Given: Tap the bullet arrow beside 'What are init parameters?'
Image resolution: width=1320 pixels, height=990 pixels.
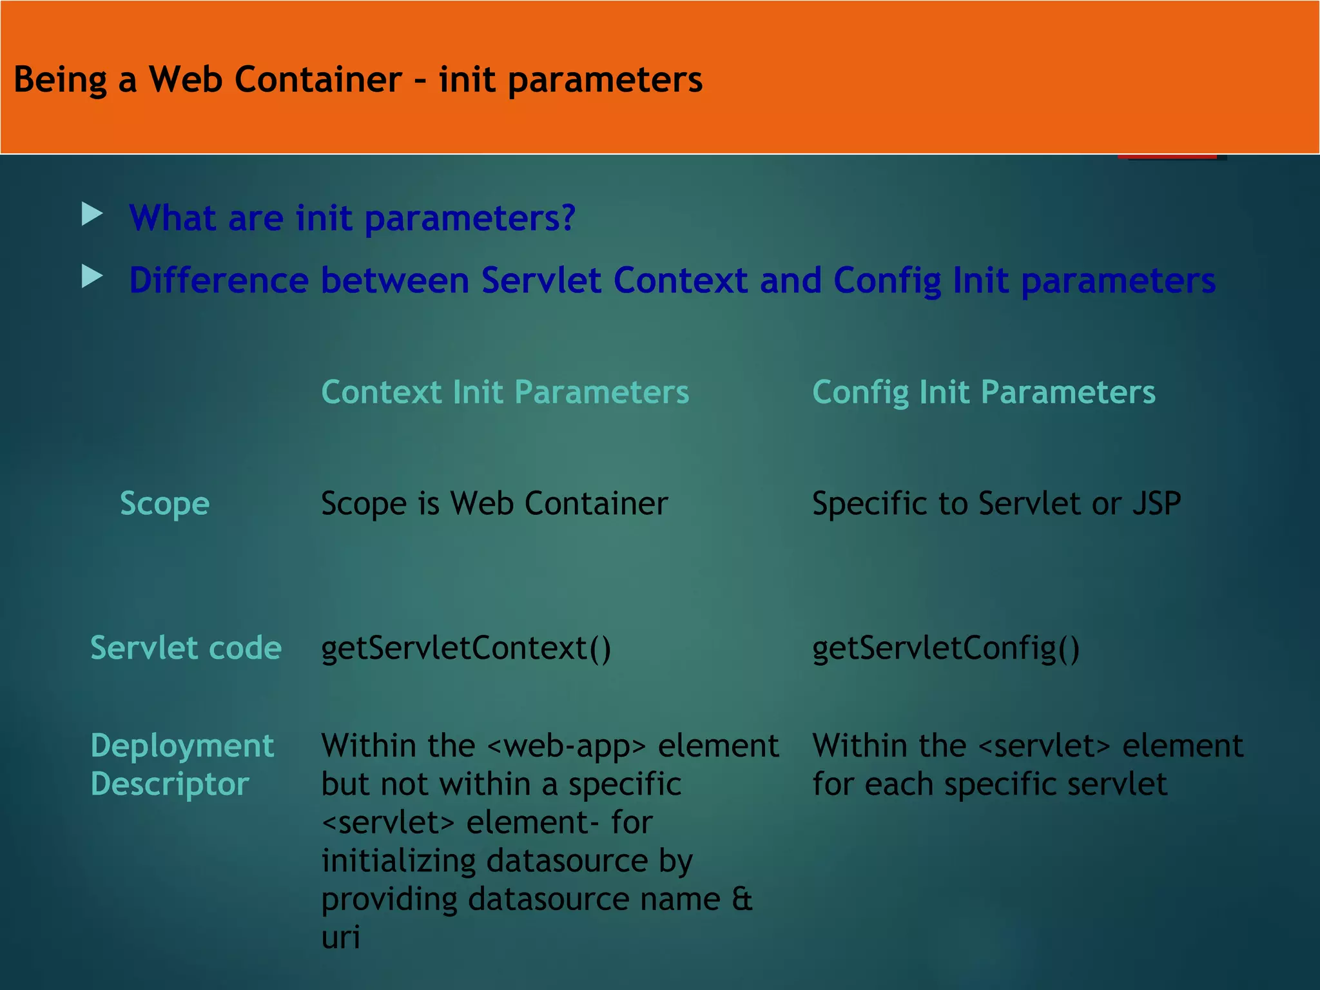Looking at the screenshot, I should [92, 214].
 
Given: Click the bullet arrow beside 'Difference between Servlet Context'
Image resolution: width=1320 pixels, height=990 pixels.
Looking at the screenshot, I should [92, 277].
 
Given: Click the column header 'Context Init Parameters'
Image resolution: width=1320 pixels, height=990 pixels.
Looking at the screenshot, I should [505, 392].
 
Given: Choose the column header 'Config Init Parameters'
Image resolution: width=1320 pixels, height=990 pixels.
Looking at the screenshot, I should [984, 392].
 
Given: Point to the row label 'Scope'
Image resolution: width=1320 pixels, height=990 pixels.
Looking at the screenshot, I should [164, 503].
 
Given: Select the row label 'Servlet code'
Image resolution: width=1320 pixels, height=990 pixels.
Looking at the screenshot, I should [186, 648].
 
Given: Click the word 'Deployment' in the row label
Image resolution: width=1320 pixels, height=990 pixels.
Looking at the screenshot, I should [182, 746].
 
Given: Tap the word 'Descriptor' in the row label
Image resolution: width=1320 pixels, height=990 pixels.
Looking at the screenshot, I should [170, 784].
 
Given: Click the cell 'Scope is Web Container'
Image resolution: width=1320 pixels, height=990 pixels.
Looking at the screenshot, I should [494, 503].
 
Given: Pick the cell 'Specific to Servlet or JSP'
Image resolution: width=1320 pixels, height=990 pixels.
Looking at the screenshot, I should [996, 503].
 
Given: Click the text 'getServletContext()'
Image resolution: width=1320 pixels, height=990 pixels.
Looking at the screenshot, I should [465, 648].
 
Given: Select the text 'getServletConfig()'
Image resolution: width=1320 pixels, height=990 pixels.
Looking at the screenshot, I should [945, 648].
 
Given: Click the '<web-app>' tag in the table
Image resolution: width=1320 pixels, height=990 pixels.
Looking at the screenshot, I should [566, 746].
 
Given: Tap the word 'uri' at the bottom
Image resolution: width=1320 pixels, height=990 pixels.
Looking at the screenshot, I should [340, 937].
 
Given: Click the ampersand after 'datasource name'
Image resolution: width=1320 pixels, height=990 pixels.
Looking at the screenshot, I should [742, 898].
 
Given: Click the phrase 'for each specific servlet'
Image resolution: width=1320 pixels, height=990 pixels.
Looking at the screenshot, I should [989, 784].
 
